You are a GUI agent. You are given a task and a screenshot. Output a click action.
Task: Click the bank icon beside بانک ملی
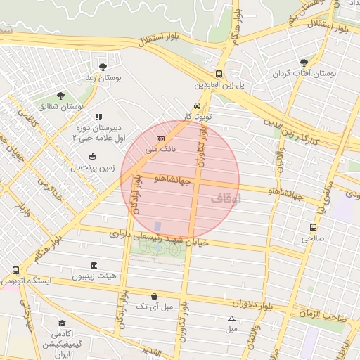coord(161,139)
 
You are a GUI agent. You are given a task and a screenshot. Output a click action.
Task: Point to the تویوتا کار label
coord(198,115)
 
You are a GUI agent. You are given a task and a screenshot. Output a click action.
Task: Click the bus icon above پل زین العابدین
coord(219,73)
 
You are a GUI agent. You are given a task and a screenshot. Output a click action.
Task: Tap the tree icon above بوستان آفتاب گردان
coord(304,62)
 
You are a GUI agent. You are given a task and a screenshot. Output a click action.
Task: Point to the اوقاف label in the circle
coord(226,199)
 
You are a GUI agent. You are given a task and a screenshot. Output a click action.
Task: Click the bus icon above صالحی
coord(314,227)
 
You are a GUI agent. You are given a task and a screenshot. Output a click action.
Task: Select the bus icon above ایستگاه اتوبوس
coord(16,270)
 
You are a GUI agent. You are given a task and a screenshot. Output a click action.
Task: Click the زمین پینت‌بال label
coord(91,167)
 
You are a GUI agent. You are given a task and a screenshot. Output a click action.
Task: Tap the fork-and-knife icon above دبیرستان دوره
coord(98,117)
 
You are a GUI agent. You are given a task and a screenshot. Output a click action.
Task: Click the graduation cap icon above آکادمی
coord(63,323)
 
